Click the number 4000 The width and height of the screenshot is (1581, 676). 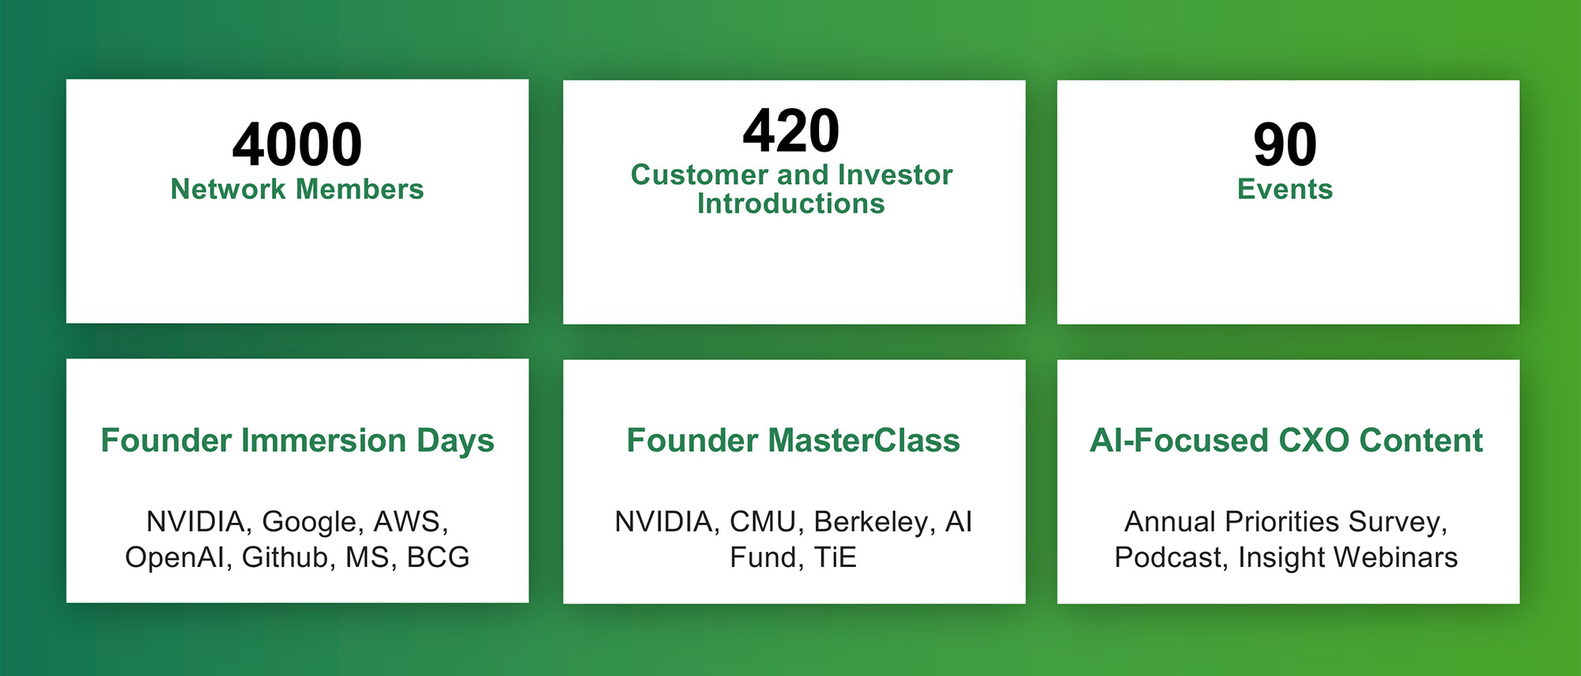click(297, 145)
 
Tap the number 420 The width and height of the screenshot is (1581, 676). click(791, 130)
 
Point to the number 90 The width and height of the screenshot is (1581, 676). click(1285, 145)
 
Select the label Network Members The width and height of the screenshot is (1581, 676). click(297, 190)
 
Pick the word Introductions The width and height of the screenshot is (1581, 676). click(791, 204)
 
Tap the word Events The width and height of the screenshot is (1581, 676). click(1285, 190)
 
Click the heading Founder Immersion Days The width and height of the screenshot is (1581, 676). click(297, 441)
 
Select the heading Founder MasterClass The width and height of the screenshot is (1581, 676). click(793, 441)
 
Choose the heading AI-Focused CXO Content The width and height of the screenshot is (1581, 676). click(1286, 441)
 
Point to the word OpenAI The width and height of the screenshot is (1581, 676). click(179, 558)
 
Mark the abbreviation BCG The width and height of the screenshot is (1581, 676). click(438, 558)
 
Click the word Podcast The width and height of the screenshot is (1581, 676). click(1172, 558)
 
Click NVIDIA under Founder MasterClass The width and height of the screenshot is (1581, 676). click(667, 522)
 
